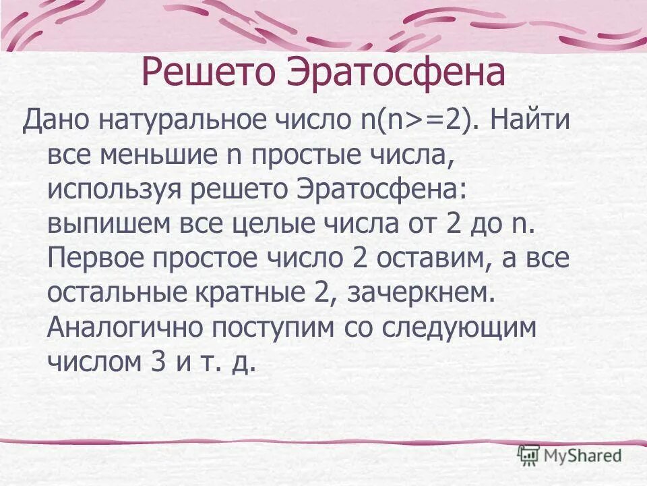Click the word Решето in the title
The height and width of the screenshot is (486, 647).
click(208, 73)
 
